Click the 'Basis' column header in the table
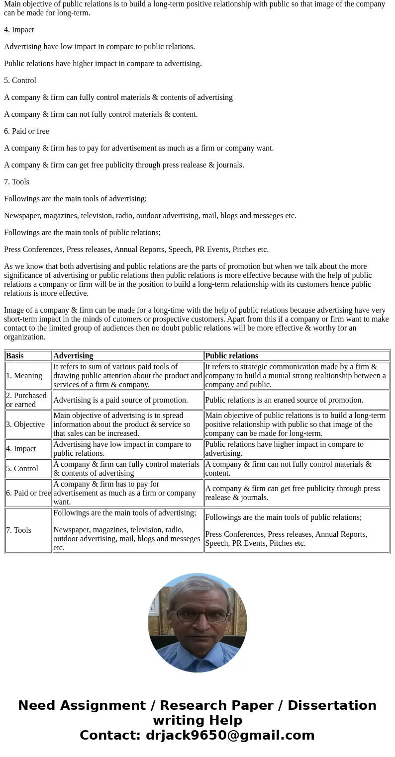pos(15,356)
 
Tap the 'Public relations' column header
pos(231,356)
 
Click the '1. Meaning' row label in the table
pos(24,376)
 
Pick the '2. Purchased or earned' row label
pos(26,400)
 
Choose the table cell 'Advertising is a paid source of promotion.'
pos(120,400)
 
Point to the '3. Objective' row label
pos(25,424)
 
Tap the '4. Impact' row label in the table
pos(21,449)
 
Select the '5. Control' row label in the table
pos(22,469)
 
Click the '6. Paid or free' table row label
pos(28,493)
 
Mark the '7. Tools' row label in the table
pos(18,530)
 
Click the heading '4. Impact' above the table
pos(19,30)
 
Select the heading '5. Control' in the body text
pos(20,81)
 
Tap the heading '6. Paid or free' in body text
pos(26,131)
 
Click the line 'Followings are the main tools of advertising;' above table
pos(75,199)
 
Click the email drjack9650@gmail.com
pos(230,736)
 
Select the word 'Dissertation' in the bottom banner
pos(332,706)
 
